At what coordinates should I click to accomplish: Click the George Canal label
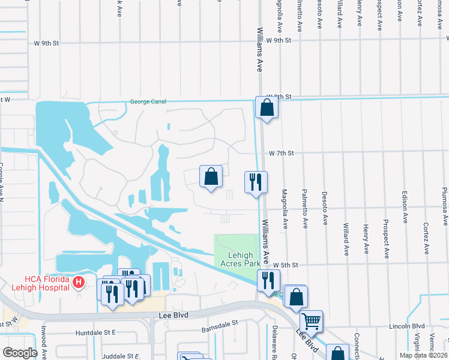[x=148, y=102]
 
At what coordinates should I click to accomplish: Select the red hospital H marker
[x=77, y=281]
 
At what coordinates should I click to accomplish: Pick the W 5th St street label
[x=286, y=265]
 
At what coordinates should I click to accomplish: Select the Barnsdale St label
[x=219, y=322]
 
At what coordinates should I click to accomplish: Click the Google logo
[x=20, y=353]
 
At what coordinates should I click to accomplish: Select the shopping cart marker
[x=311, y=321]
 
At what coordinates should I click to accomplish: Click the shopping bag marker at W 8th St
[x=267, y=108]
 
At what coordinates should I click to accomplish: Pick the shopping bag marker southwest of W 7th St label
[x=211, y=176]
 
